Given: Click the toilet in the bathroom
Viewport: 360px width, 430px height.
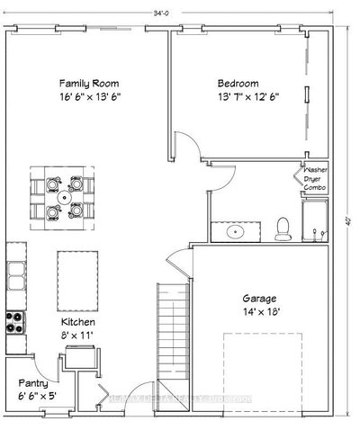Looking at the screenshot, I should pyautogui.click(x=283, y=228).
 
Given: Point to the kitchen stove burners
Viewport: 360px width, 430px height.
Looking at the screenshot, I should pyautogui.click(x=13, y=321).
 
